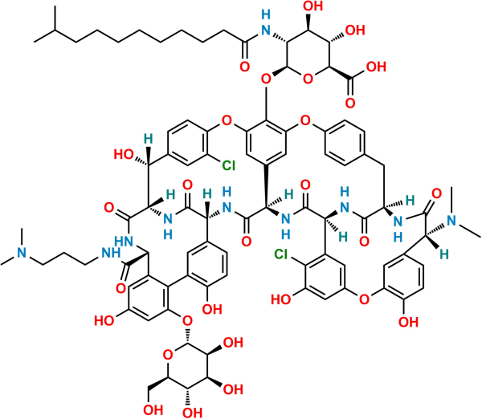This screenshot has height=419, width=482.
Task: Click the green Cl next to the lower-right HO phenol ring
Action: click(x=281, y=254)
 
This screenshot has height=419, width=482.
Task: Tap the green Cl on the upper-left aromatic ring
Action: click(x=228, y=165)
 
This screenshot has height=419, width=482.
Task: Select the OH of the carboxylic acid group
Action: click(x=376, y=67)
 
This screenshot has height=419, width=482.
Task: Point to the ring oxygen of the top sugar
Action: click(x=308, y=79)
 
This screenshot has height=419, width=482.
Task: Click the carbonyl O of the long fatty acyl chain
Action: click(x=245, y=67)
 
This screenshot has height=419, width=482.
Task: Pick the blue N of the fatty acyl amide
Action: click(x=266, y=31)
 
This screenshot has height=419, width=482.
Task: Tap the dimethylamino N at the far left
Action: click(x=22, y=253)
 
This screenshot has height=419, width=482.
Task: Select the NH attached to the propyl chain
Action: click(x=111, y=253)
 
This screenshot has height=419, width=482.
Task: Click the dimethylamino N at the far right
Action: click(x=451, y=221)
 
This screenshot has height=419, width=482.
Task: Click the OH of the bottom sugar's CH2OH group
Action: click(x=153, y=409)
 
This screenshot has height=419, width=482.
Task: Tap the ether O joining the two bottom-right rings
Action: click(x=364, y=299)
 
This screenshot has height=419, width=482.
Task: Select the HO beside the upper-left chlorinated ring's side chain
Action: click(x=124, y=154)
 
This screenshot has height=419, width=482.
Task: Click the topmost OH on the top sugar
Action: click(x=313, y=6)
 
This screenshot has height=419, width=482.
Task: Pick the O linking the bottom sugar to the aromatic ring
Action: click(x=187, y=321)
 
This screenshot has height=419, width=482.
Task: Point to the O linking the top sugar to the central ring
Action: click(x=266, y=79)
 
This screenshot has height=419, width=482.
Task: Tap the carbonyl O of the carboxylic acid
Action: click(x=350, y=103)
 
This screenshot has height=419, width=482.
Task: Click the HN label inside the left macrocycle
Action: click(x=125, y=241)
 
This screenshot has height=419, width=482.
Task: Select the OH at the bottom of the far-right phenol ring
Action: click(x=408, y=322)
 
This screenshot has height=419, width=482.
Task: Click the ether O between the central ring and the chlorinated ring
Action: click(x=227, y=120)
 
